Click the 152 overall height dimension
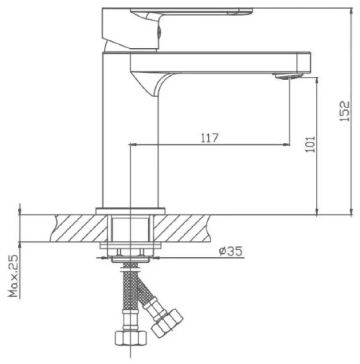[x=345, y=111]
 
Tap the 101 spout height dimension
[x=311, y=144]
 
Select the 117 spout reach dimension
[x=210, y=138]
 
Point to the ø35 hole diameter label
[x=231, y=251]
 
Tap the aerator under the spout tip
[x=289, y=76]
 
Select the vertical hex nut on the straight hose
[x=131, y=338]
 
